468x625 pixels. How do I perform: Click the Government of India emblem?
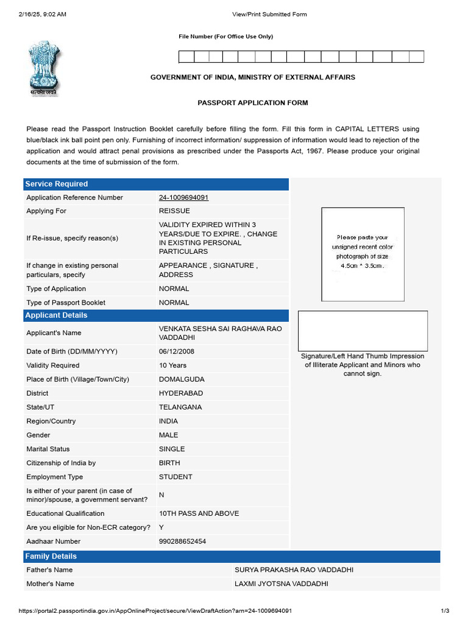point(43,68)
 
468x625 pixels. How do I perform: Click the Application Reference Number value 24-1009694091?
point(183,198)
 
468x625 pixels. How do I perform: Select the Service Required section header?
point(55,184)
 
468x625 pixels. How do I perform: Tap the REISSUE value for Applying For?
point(174,211)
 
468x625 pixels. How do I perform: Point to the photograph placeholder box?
point(363,254)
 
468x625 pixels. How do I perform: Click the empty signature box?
point(363,330)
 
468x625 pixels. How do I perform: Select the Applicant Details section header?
point(55,316)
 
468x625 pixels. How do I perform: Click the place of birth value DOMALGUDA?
point(182,380)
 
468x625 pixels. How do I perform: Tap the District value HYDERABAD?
point(181,394)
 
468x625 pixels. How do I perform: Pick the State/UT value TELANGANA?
point(180,407)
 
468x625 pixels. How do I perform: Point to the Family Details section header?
point(51,557)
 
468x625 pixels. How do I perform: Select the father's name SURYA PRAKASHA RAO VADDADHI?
point(294,570)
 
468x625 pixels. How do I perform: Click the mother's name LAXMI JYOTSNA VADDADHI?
point(281,584)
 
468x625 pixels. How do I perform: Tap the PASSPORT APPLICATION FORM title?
point(252,103)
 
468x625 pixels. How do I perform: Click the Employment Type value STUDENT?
point(175,477)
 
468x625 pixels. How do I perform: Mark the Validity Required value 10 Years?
point(172,366)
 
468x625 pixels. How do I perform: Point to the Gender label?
point(38,435)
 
